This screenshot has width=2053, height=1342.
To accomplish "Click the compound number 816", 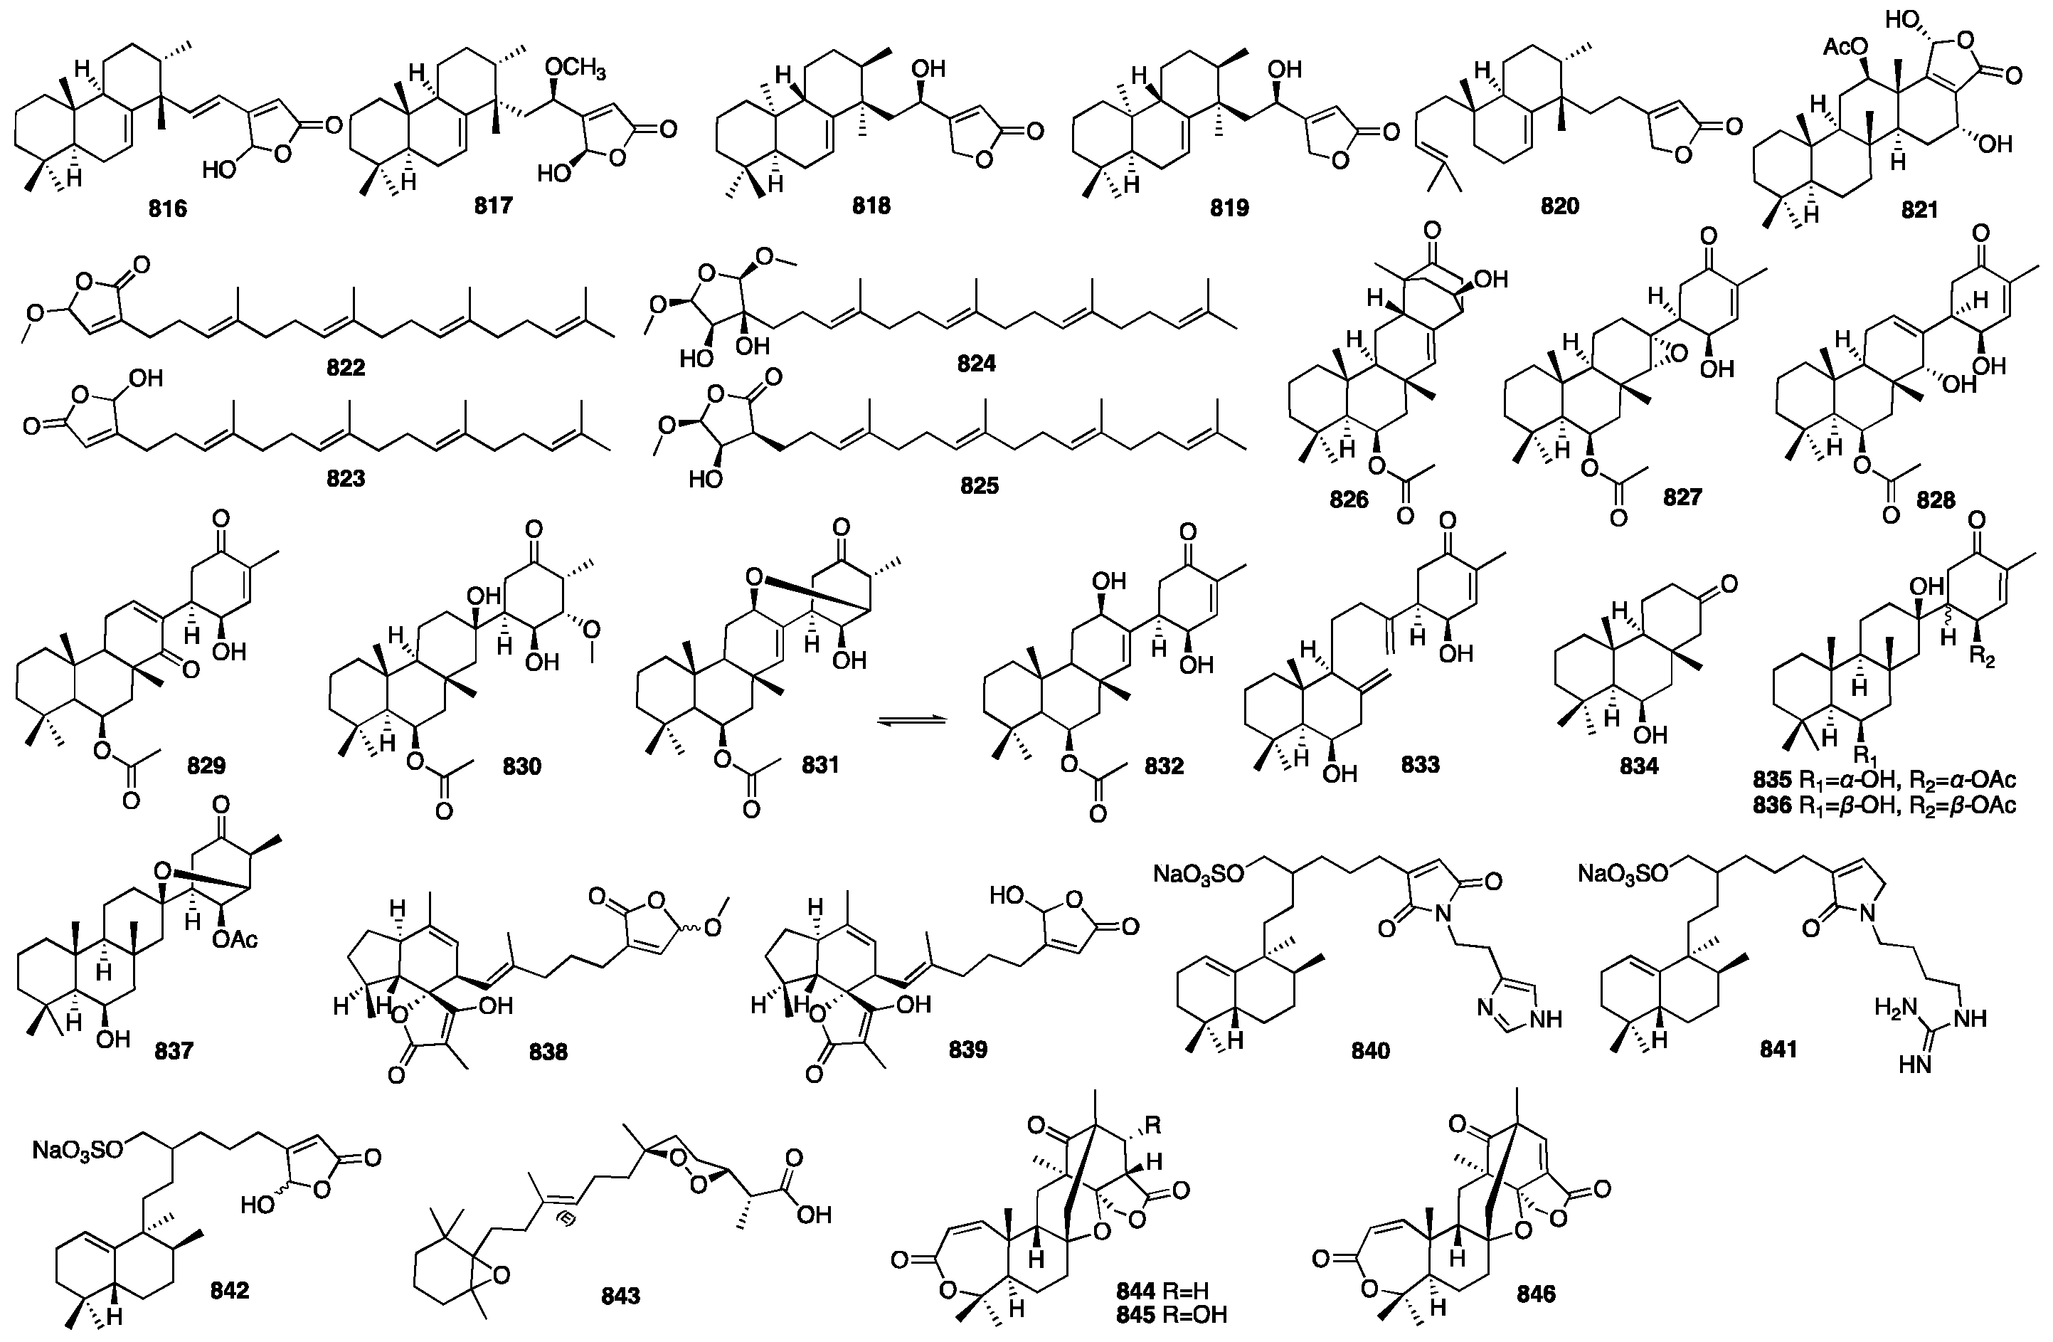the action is [x=167, y=208].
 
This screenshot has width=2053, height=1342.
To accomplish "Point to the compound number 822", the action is [x=345, y=368].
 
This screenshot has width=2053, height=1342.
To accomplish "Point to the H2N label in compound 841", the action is [x=1894, y=1006].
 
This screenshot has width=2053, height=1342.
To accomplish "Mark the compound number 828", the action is [x=1935, y=500].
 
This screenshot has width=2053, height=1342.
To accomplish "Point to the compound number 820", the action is [x=1559, y=206].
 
